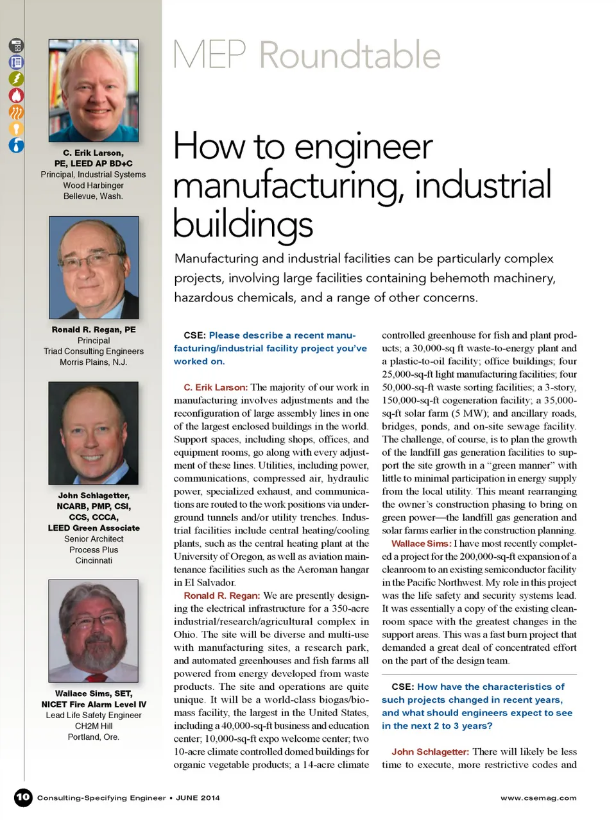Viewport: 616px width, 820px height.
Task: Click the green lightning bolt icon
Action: point(16,78)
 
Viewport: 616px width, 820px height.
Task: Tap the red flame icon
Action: point(16,95)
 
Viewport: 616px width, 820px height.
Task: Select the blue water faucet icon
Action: point(16,145)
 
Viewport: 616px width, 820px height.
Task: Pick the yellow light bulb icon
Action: point(16,128)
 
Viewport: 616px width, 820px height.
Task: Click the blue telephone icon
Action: point(16,62)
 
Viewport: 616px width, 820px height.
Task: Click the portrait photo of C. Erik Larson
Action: point(94,90)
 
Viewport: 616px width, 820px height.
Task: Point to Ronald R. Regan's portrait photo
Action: point(94,267)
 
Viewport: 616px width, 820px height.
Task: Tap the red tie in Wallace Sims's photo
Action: point(96,677)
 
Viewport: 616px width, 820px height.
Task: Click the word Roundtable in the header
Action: point(350,55)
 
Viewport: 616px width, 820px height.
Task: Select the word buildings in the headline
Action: point(243,224)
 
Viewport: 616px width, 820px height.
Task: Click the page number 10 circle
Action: point(23,797)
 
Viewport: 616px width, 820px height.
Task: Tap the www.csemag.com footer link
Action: point(538,798)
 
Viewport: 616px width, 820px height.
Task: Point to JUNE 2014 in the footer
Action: point(198,798)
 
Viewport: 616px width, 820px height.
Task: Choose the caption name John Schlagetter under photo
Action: point(94,496)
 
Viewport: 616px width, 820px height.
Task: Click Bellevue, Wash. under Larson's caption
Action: point(93,196)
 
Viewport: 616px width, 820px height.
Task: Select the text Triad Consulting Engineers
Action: point(94,351)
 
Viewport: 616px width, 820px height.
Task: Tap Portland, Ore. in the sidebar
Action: point(94,737)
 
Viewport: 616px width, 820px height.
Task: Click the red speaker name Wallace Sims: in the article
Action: point(421,544)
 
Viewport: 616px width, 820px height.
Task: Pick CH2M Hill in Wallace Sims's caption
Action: point(94,726)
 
